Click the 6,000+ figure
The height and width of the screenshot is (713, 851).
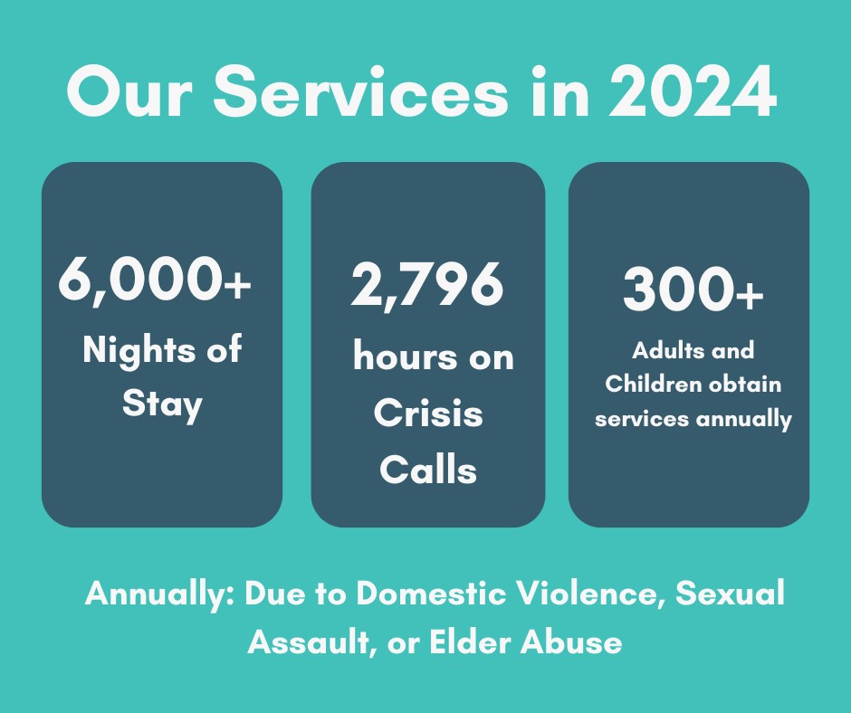(154, 280)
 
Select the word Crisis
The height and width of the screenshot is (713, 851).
(427, 414)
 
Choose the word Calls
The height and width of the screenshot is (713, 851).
(427, 470)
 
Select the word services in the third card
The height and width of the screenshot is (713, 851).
(644, 419)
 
